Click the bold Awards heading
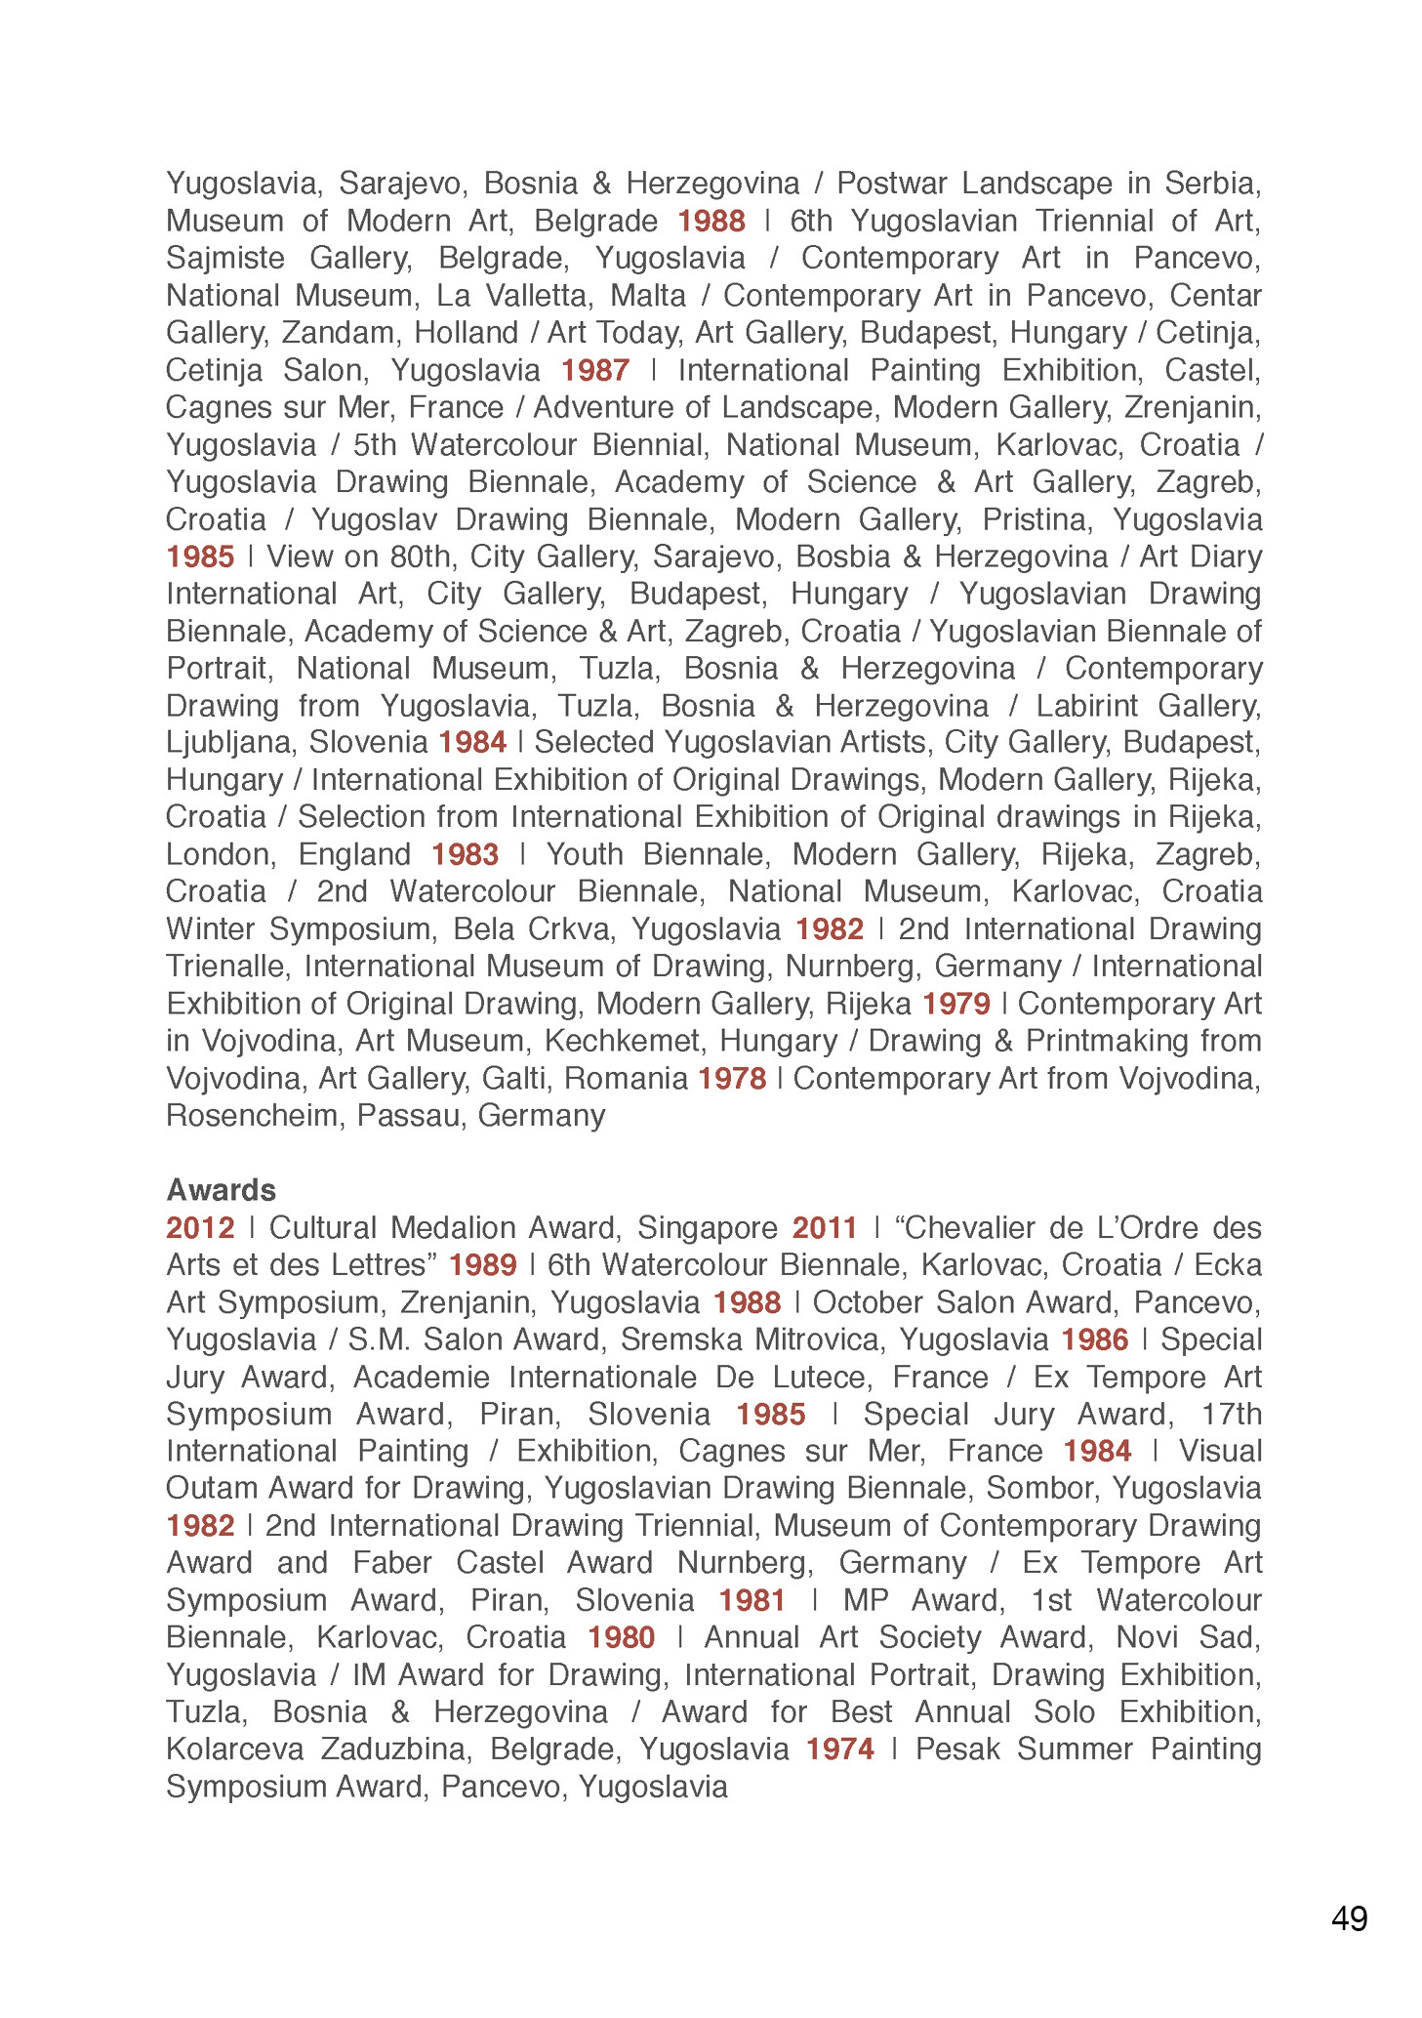[221, 1189]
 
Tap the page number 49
[1349, 1918]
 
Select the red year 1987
[594, 370]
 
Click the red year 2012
[200, 1227]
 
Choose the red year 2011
[825, 1227]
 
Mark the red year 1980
[621, 1636]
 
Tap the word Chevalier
[976, 1227]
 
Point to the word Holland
[466, 333]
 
